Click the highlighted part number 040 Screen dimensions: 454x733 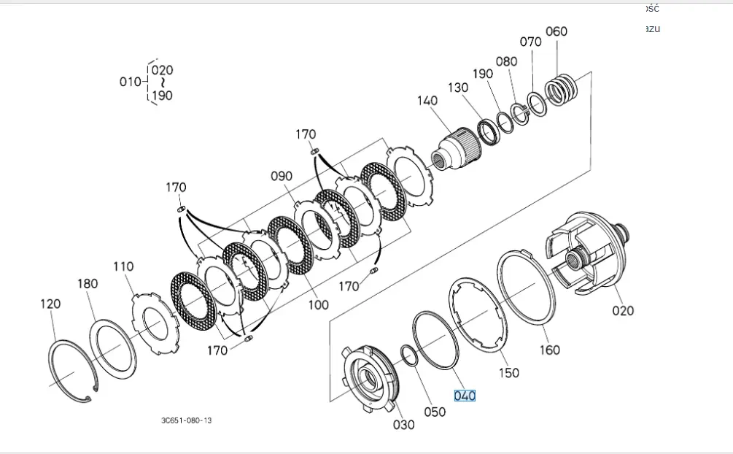coord(465,396)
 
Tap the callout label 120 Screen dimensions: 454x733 coord(50,304)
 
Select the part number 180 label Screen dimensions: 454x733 coord(87,284)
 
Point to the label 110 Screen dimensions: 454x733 coord(123,266)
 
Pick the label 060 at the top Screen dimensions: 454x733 coord(556,31)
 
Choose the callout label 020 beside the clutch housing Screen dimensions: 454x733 coord(623,310)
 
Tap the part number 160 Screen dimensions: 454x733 coord(549,350)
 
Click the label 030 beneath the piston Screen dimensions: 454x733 coord(403,425)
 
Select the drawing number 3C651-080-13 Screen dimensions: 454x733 coord(187,420)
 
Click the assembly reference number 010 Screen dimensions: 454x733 coord(130,81)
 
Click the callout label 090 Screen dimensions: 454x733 coord(281,176)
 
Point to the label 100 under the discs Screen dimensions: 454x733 coord(318,304)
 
